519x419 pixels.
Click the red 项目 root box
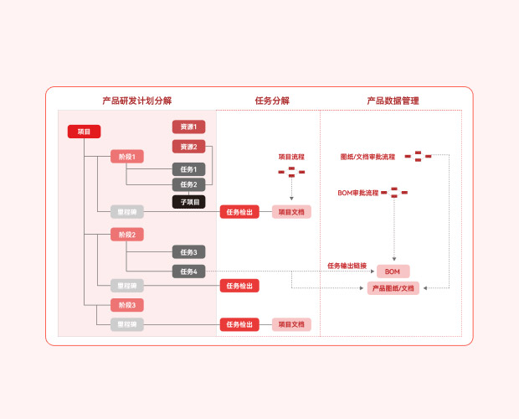click(84, 132)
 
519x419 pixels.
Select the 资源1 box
click(188, 127)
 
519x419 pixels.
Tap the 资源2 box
click(188, 147)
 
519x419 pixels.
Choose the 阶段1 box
click(127, 157)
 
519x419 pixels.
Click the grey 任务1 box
click(188, 169)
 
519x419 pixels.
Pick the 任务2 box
click(188, 184)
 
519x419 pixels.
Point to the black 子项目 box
click(188, 201)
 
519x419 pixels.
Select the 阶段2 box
click(127, 235)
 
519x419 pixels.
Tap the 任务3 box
click(188, 251)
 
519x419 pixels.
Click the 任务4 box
click(188, 272)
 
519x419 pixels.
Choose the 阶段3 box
click(127, 305)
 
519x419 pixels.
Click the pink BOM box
click(393, 272)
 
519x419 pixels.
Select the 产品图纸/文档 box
click(393, 288)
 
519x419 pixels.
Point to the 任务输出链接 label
click(347, 266)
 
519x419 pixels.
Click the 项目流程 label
click(291, 157)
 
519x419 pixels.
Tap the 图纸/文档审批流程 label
click(367, 157)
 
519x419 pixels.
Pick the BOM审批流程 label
click(357, 193)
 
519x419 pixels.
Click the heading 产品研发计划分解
click(137, 101)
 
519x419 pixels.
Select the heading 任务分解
click(272, 101)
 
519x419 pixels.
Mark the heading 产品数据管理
click(393, 101)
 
